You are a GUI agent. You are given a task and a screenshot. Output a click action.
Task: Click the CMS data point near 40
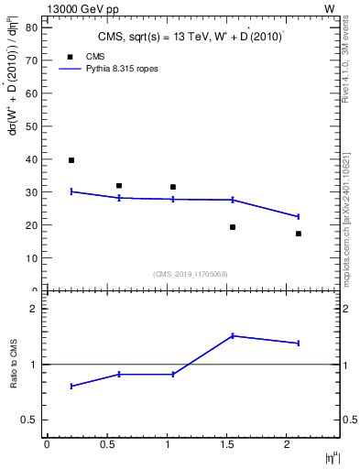(71, 160)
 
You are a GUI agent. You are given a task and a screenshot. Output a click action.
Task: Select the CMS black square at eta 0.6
(119, 186)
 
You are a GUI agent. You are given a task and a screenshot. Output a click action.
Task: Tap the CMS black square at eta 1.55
(233, 227)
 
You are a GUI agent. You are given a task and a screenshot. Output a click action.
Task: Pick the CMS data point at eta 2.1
(299, 234)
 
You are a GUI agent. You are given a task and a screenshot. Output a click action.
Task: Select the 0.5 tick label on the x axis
(107, 444)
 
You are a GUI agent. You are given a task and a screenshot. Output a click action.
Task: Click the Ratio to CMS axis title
(14, 365)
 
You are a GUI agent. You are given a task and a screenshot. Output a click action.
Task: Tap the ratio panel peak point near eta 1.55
(233, 335)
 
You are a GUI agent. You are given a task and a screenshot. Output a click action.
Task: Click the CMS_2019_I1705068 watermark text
(191, 273)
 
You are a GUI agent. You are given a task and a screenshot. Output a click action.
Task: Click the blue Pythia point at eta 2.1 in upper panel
(299, 216)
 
